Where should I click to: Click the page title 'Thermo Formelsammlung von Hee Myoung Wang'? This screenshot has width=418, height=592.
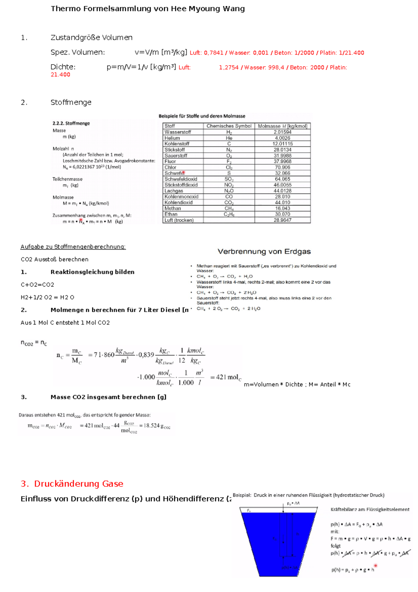click(x=148, y=9)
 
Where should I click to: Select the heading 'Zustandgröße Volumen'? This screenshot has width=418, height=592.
click(x=91, y=38)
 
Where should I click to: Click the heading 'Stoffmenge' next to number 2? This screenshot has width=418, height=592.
click(x=71, y=103)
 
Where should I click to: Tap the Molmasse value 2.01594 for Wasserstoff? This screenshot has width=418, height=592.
click(x=282, y=132)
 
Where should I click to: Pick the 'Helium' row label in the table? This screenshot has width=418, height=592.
click(x=172, y=138)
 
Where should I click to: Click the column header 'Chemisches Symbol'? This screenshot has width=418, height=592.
click(x=229, y=126)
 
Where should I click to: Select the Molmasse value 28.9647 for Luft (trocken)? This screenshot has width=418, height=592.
click(x=282, y=220)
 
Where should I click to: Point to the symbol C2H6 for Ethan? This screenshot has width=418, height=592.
click(x=229, y=214)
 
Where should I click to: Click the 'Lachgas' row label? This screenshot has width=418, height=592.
click(x=173, y=191)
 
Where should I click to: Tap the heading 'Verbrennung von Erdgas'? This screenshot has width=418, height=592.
click(x=264, y=252)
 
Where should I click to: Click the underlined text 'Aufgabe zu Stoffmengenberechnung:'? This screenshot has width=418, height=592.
click(x=73, y=247)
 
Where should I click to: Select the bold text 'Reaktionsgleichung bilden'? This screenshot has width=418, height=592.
click(x=92, y=272)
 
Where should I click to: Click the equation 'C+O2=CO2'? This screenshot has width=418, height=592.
click(x=37, y=285)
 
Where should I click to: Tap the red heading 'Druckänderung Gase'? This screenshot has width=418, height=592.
click(x=78, y=484)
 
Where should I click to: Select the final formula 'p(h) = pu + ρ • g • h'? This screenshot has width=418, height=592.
click(x=353, y=570)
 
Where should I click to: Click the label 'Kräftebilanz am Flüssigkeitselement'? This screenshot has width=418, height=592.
click(x=370, y=510)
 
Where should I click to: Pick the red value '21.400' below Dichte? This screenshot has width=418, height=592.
click(x=60, y=75)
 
